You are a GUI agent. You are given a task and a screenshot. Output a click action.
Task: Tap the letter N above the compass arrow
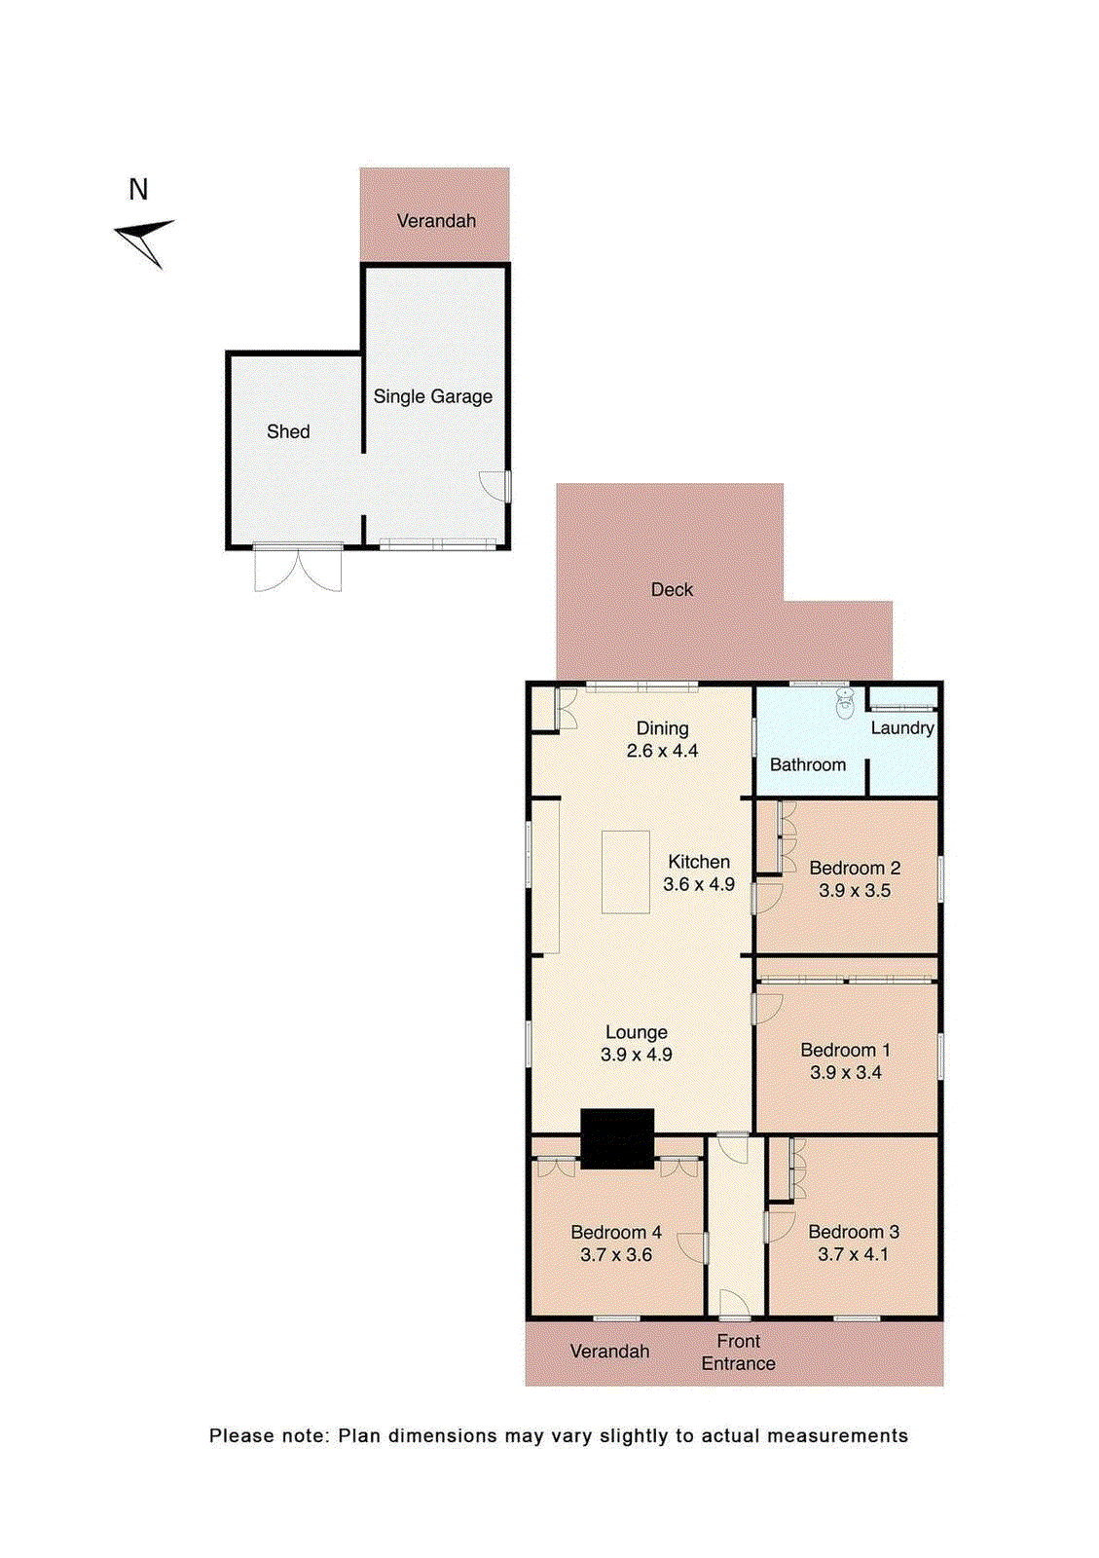[138, 190]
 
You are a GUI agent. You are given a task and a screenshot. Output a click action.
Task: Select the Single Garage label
[432, 396]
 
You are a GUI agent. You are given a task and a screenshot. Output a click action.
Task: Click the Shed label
[288, 431]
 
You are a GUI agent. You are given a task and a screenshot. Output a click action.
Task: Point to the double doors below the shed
[298, 570]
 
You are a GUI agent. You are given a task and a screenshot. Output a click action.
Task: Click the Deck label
[672, 589]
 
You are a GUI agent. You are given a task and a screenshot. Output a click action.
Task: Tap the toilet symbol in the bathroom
[844, 702]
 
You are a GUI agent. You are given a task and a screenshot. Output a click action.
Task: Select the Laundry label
[901, 727]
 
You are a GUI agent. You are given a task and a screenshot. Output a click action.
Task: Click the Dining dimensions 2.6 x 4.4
[662, 751]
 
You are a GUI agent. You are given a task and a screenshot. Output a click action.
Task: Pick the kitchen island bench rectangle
[625, 872]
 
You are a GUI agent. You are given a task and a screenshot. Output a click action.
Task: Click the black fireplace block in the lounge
[617, 1137]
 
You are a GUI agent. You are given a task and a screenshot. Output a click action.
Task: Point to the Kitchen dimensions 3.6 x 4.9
[699, 884]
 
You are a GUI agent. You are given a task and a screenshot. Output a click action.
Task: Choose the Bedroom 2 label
[855, 868]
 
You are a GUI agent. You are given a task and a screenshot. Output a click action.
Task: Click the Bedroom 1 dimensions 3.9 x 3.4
[845, 1072]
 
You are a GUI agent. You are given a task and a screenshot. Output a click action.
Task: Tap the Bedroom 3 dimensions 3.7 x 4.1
[853, 1254]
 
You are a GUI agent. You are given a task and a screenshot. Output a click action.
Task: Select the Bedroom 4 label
[615, 1232]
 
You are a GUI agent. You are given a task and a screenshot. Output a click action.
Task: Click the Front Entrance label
[738, 1353]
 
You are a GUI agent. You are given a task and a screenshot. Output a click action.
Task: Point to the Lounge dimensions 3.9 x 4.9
[636, 1055]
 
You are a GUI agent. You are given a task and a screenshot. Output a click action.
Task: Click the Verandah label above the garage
[436, 221]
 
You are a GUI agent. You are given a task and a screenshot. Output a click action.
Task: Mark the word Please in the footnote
[239, 1435]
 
